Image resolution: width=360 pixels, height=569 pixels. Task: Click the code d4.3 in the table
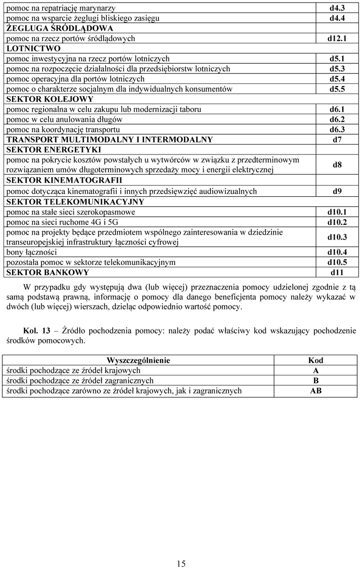[337, 8]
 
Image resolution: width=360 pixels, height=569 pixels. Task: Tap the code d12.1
[337, 38]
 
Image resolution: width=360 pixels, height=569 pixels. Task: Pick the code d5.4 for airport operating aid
[337, 79]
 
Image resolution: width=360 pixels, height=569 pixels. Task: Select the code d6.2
[337, 119]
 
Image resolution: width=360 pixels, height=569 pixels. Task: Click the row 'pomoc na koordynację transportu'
[63, 130]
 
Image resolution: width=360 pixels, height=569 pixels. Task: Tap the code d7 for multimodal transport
[337, 140]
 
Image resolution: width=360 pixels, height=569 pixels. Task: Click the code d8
[337, 165]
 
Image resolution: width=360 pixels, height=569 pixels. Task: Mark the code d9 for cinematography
[337, 191]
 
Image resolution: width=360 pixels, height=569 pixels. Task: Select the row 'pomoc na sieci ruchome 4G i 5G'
[62, 222]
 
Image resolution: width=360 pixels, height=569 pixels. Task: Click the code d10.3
[337, 237]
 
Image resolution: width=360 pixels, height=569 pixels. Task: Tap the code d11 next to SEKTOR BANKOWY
[337, 273]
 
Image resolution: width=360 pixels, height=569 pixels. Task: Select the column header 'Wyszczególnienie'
[138, 360]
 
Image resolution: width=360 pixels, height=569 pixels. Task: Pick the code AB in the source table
[315, 391]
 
